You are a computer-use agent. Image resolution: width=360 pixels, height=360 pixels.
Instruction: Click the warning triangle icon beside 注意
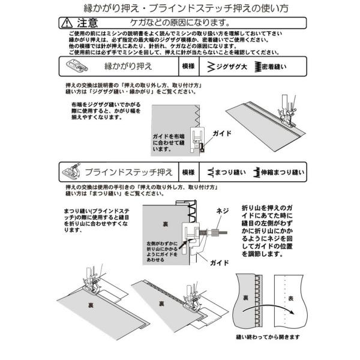[x=67, y=23]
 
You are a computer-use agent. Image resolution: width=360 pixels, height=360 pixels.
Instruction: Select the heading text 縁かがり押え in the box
[x=128, y=66]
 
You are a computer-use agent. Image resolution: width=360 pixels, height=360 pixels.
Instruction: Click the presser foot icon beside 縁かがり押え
[x=77, y=65]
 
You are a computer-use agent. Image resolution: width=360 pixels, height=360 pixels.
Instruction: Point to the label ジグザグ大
[x=232, y=66]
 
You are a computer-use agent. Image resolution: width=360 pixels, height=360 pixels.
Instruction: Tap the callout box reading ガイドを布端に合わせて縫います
[x=169, y=143]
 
